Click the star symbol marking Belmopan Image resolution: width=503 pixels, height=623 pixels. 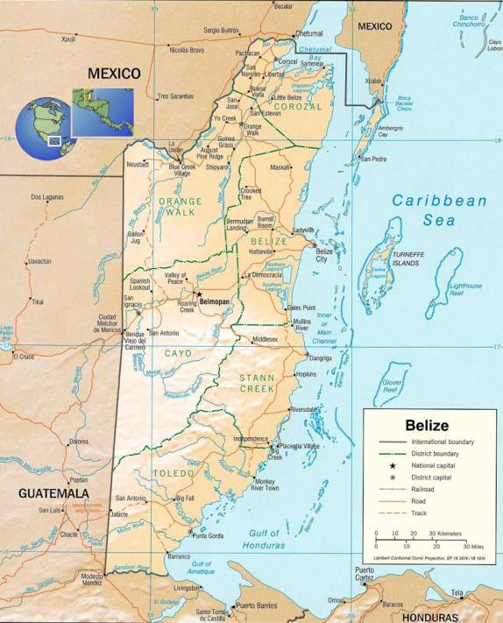tap(198, 294)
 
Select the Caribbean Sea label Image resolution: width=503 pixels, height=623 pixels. tap(438, 210)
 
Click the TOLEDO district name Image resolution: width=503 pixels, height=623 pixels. tap(174, 473)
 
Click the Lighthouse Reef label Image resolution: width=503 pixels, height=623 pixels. tap(465, 290)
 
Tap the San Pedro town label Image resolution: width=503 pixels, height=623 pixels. tap(373, 159)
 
